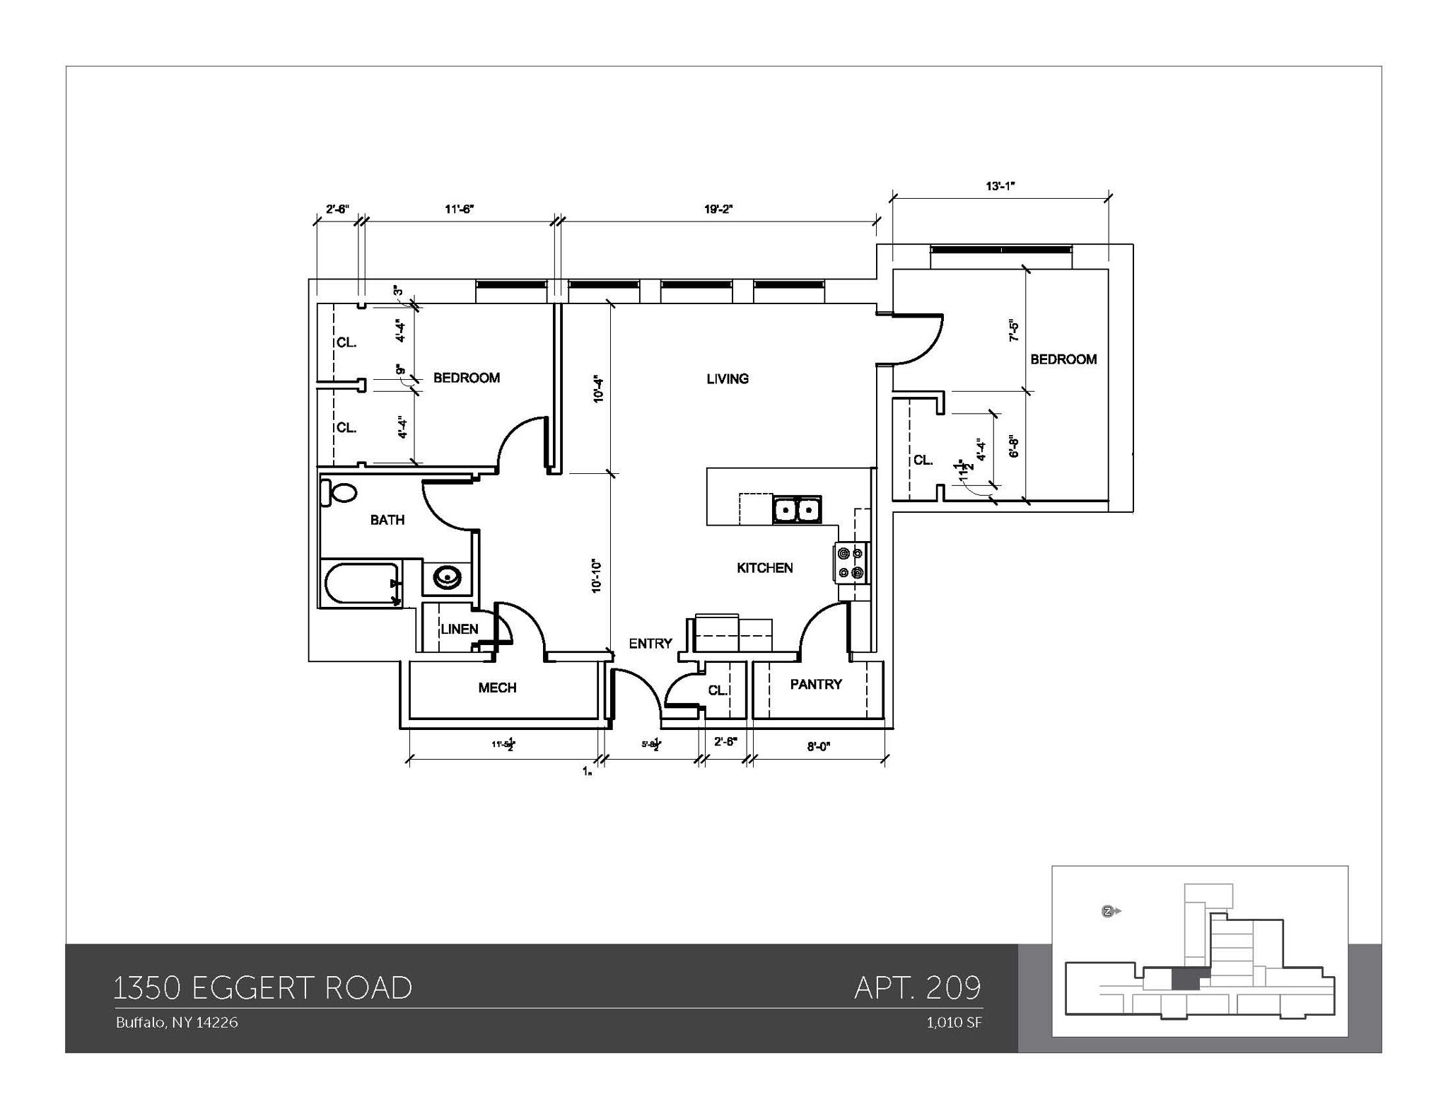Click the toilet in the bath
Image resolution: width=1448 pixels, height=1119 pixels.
(x=340, y=492)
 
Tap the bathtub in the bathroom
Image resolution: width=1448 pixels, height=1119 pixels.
(x=361, y=584)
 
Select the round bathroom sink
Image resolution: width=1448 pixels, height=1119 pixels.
(x=447, y=578)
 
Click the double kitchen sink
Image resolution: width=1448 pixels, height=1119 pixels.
(x=797, y=509)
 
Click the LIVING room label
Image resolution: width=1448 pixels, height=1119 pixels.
(x=727, y=379)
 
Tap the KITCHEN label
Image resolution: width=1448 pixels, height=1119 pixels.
(x=764, y=568)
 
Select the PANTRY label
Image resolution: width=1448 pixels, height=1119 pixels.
(x=816, y=684)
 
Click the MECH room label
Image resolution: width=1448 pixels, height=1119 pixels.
(x=497, y=688)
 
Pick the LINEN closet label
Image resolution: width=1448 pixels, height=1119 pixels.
(x=460, y=629)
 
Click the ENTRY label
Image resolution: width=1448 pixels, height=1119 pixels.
(x=650, y=644)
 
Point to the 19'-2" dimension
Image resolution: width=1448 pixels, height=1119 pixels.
(x=718, y=209)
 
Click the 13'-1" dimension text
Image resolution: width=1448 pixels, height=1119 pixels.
(x=1000, y=186)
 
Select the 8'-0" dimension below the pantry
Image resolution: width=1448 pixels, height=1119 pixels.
(x=818, y=746)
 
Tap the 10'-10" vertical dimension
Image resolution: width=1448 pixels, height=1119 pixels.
(x=597, y=576)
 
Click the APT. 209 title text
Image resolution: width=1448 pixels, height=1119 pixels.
(x=917, y=987)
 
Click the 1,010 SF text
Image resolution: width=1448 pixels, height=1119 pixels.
(x=954, y=1023)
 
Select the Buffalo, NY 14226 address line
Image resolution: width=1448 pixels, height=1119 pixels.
(x=177, y=1023)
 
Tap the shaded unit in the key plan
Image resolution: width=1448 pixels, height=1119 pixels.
(x=1186, y=980)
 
